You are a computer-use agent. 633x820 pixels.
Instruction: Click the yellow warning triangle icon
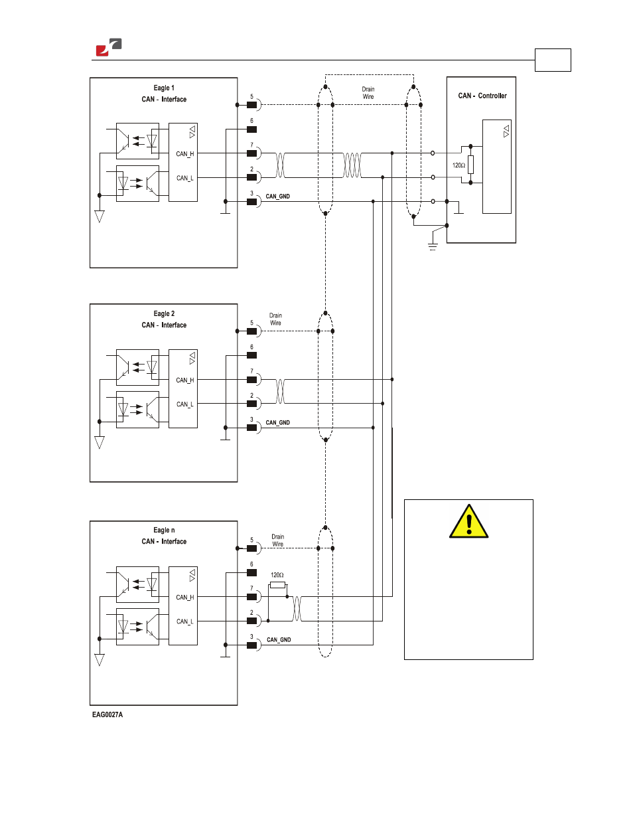(x=468, y=521)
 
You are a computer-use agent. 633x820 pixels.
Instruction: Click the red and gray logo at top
(x=109, y=47)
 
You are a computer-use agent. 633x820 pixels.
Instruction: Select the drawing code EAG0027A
(x=107, y=714)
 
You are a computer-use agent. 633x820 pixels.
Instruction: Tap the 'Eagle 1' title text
(x=164, y=88)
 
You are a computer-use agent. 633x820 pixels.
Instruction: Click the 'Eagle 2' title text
(x=164, y=313)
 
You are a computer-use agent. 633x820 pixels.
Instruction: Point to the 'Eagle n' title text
(x=164, y=531)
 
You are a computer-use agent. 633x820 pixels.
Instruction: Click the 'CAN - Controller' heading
(x=482, y=96)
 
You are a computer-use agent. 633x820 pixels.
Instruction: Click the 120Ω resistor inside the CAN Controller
(x=470, y=165)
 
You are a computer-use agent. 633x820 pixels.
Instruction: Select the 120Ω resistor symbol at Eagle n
(x=277, y=585)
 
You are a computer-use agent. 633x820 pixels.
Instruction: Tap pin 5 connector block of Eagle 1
(x=251, y=105)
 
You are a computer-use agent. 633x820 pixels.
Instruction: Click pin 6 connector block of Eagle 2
(x=251, y=355)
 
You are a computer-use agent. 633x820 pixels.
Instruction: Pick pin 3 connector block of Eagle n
(x=251, y=645)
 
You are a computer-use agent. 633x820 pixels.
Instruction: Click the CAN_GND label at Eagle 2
(x=277, y=423)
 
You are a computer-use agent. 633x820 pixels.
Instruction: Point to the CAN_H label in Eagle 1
(x=184, y=154)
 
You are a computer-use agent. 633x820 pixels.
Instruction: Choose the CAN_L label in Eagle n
(x=184, y=621)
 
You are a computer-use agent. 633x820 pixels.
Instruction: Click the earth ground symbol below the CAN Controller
(x=433, y=247)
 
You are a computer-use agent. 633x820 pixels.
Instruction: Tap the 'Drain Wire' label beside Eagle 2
(x=275, y=319)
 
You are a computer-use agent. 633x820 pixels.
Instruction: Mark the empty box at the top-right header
(x=553, y=60)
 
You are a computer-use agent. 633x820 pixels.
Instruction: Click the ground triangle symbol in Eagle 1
(x=99, y=216)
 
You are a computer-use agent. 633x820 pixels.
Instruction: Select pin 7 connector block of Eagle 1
(x=251, y=153)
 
